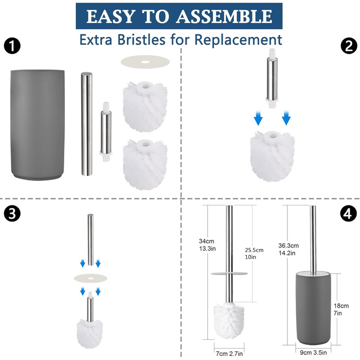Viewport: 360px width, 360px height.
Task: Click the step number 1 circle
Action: point(12,46)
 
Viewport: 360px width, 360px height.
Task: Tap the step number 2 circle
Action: point(349,46)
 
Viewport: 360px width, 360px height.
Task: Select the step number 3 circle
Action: point(12,213)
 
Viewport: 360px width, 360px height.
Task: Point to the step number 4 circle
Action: point(349,213)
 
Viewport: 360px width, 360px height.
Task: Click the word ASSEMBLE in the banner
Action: point(224,16)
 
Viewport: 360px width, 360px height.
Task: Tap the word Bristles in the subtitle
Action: point(141,40)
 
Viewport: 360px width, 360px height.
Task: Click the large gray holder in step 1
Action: point(38,125)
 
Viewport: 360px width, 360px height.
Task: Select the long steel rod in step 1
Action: point(86,124)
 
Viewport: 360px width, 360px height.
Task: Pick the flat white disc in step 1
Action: point(145,62)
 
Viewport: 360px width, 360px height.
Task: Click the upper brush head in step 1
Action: point(145,107)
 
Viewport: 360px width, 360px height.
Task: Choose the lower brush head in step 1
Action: point(145,165)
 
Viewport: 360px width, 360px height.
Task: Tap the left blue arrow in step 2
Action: point(258,118)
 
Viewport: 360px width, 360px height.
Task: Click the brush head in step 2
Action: point(273,156)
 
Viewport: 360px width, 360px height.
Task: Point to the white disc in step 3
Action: point(91,278)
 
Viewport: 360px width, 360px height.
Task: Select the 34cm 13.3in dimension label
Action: point(207,245)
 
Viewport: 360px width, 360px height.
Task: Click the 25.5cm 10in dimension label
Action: point(254,253)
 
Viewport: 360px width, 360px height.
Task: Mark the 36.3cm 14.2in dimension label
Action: point(289,249)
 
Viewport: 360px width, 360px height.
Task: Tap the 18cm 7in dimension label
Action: point(341,309)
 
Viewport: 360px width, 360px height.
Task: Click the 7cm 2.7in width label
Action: point(229,354)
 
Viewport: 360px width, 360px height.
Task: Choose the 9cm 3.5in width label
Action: point(313,352)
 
